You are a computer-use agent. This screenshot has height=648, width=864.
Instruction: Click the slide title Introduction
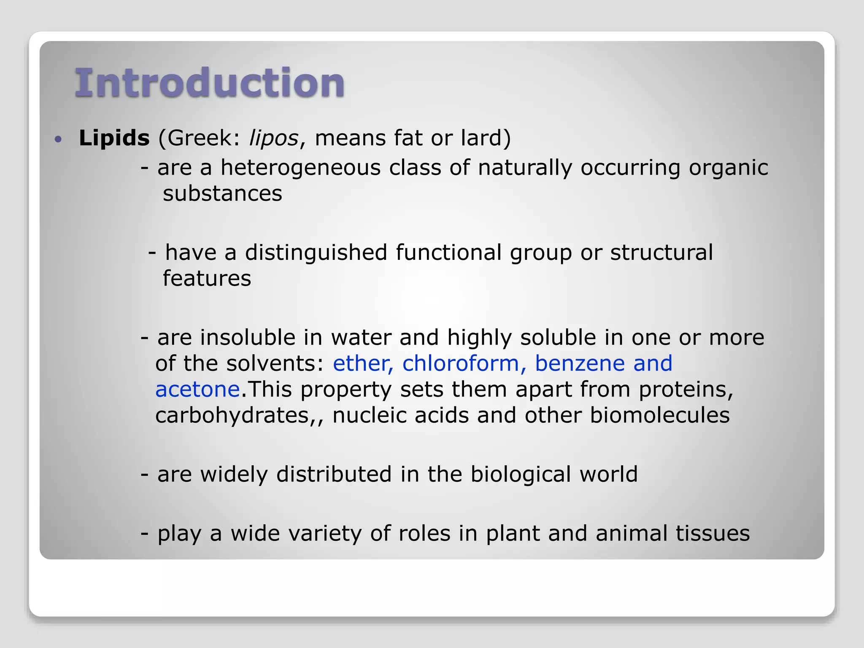click(210, 83)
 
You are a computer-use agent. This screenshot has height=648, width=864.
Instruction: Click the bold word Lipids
click(114, 138)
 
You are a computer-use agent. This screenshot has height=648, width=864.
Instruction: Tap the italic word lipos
click(274, 138)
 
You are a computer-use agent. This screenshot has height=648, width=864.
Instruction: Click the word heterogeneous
click(300, 168)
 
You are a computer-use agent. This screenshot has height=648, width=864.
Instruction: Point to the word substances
click(222, 194)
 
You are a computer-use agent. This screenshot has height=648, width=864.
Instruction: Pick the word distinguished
click(316, 253)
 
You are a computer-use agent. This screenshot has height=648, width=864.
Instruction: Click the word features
click(207, 279)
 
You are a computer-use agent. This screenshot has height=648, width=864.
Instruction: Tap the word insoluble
click(261, 337)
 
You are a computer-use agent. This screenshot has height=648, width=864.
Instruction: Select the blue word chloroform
click(461, 364)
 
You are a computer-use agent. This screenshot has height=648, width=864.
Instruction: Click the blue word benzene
click(580, 364)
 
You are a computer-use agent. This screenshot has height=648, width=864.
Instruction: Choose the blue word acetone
click(197, 389)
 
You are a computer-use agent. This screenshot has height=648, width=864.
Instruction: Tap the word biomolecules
click(659, 416)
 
